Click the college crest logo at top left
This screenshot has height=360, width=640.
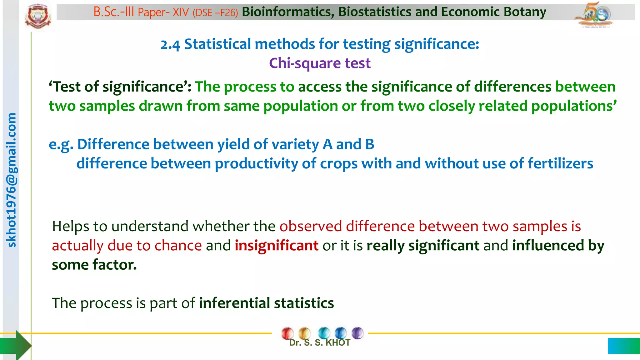tap(38, 16)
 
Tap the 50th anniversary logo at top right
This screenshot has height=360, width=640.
tap(593, 15)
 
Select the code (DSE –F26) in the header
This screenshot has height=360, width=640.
tap(215, 12)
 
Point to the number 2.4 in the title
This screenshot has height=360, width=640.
tap(170, 45)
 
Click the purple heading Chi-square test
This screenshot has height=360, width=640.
tap(320, 63)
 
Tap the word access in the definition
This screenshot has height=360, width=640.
tap(320, 87)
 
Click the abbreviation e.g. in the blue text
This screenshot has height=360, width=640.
tap(61, 145)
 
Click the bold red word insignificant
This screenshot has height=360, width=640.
tap(276, 246)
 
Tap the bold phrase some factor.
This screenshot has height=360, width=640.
tap(94, 265)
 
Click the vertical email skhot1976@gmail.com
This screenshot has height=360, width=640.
tap(11, 180)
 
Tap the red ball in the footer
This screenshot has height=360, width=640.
tap(287, 333)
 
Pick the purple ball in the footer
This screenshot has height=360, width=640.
tap(357, 333)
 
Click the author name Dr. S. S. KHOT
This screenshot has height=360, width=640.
tap(319, 343)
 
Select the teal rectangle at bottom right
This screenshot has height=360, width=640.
tap(624, 346)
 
